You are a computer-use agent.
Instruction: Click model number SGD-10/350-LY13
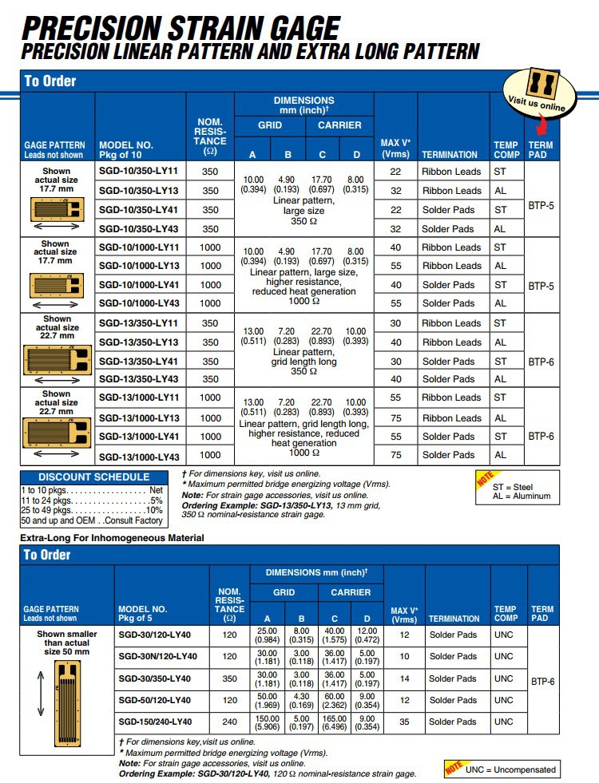tap(137, 191)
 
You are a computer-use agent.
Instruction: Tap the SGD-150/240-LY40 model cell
tap(155, 722)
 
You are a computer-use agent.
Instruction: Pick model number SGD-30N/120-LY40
tap(157, 657)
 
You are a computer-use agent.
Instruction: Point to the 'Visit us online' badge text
tap(537, 103)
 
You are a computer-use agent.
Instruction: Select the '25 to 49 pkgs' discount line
tap(93, 510)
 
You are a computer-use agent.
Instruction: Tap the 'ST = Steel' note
tap(513, 486)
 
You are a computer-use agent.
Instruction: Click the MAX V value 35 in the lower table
tap(404, 722)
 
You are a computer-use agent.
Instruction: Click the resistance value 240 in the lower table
tap(230, 722)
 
